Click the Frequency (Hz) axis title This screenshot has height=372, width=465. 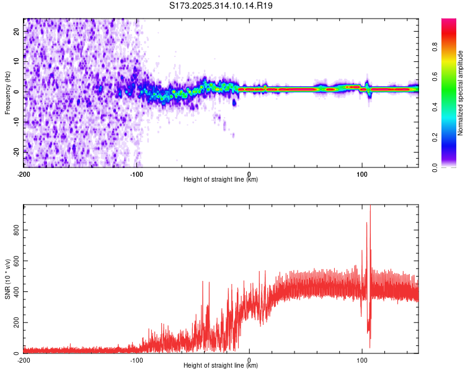(7, 92)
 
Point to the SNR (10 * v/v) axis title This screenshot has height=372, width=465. (7, 278)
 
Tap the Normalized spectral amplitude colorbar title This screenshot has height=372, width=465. (461, 93)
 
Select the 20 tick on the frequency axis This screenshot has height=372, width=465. (17, 30)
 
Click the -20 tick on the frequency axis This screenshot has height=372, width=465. (15, 151)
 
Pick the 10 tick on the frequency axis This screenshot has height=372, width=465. (17, 61)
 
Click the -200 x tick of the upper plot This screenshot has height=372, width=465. (24, 174)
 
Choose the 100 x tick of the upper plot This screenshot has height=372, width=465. (362, 174)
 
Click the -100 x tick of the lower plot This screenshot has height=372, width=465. (136, 360)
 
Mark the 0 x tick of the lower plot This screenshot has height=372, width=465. (249, 360)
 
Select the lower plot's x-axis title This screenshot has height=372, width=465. (221, 366)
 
